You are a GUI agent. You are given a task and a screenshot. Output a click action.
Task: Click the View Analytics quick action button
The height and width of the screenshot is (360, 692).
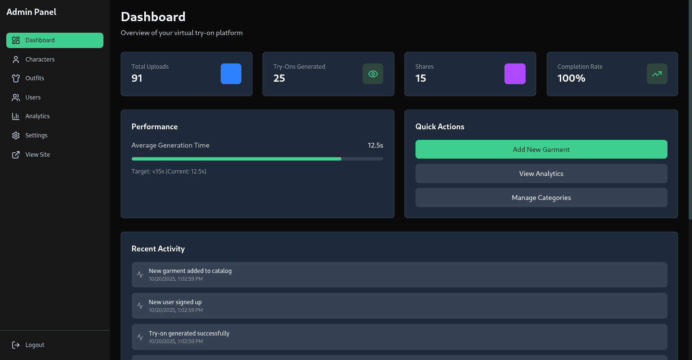pos(541,174)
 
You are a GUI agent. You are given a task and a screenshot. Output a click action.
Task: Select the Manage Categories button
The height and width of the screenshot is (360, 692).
pos(541,198)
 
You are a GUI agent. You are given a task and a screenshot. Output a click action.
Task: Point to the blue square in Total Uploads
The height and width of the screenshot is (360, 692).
pos(231,74)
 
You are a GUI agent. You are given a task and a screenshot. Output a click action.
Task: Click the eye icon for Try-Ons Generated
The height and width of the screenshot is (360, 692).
pos(373,74)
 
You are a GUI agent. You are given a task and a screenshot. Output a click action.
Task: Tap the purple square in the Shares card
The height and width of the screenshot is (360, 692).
pos(515,74)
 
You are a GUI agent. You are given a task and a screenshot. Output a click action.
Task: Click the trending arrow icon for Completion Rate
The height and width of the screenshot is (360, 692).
pos(657,74)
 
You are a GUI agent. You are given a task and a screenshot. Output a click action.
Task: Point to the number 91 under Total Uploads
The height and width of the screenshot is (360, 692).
pos(137,78)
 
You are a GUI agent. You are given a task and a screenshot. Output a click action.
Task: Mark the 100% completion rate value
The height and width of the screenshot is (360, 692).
pos(571,78)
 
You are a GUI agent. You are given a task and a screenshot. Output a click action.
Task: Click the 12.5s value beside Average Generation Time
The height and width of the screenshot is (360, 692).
pos(376,145)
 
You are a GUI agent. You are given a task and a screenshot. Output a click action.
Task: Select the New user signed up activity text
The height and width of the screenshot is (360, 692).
pos(175,302)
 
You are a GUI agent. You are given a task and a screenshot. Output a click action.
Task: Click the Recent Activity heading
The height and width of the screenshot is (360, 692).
pos(158,249)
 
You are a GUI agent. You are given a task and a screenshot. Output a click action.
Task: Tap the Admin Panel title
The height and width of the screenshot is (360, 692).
pos(32,12)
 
